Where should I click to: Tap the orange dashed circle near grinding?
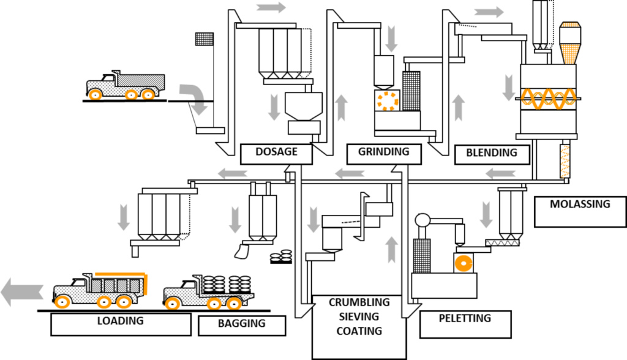click(387, 101)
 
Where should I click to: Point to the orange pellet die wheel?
click(465, 263)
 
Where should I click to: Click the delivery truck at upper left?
click(126, 86)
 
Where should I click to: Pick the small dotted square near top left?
click(204, 39)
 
